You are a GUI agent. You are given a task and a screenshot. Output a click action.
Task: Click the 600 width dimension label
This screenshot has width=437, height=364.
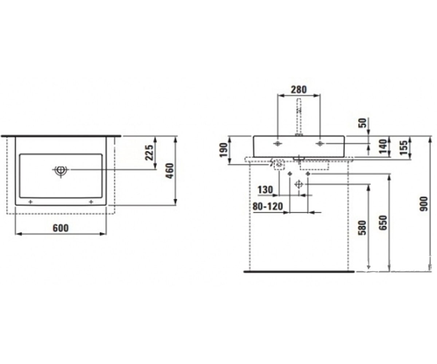61,228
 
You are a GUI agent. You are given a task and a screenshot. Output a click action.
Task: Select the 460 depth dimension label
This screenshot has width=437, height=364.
170,171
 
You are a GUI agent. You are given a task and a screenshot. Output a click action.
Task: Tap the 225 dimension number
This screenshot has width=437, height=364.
149,153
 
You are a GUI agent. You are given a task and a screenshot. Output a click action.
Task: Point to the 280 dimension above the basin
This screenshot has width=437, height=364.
299,90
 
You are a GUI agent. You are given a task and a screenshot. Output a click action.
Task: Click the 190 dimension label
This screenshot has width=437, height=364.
223,150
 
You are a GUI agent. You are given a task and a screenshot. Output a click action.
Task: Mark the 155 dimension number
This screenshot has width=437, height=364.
404,148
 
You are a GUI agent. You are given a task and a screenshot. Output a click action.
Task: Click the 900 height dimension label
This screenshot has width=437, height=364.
424,204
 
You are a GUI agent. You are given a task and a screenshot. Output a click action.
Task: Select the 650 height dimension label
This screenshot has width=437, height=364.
383,223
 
